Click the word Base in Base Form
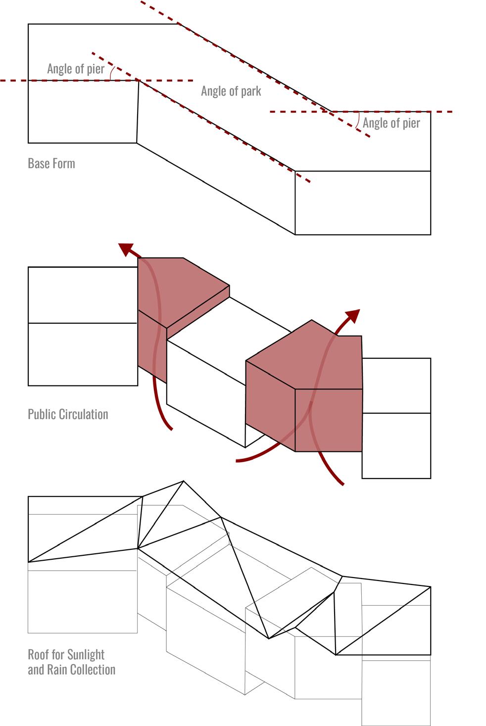(37, 163)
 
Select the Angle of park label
(231, 91)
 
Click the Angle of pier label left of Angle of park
(75, 69)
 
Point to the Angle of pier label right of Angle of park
(391, 123)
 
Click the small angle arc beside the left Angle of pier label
(112, 73)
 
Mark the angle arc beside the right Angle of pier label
(358, 120)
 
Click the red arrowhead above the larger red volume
(353, 315)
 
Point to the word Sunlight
(86, 655)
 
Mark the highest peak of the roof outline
(184, 481)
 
